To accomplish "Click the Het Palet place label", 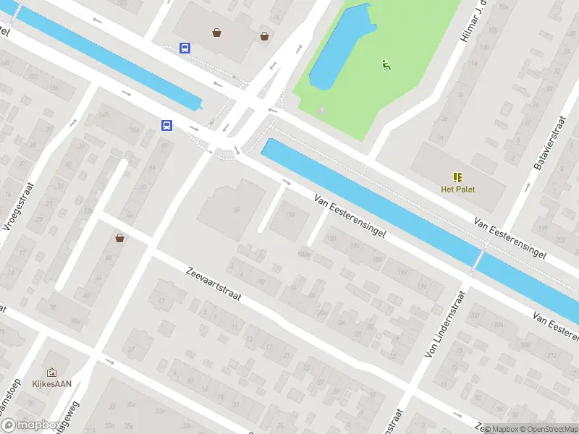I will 457,190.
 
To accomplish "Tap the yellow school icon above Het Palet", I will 457,177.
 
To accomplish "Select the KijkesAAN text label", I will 51,385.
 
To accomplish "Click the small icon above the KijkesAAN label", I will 51,373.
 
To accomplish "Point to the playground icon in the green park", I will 386,65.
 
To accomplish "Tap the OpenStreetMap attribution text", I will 544,429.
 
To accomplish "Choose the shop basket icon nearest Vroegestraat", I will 119,237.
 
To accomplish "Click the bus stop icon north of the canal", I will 185,48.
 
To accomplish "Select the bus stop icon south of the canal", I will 167,125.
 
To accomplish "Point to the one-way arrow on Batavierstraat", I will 527,187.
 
